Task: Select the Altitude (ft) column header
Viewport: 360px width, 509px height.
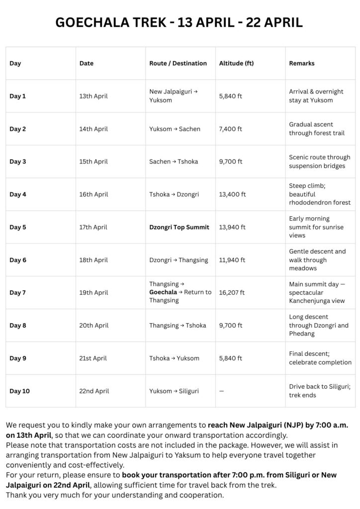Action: point(236,63)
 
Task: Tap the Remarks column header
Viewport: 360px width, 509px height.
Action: point(302,63)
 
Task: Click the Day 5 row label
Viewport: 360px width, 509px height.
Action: point(17,227)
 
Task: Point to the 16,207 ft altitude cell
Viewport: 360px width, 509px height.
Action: point(232,293)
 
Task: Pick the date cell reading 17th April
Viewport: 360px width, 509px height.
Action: point(93,227)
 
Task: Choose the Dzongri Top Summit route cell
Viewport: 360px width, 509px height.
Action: point(179,227)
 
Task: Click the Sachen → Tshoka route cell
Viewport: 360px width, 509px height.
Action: point(175,162)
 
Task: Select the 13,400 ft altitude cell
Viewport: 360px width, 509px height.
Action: point(232,194)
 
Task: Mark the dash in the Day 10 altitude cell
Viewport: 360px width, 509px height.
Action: point(221,391)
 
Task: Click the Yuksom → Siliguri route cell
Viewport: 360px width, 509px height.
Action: point(174,391)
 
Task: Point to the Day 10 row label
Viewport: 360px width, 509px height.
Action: point(19,391)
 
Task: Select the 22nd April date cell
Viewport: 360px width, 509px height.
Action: point(94,391)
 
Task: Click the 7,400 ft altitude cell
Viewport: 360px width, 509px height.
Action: point(230,129)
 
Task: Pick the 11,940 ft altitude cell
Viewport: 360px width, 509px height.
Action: point(232,260)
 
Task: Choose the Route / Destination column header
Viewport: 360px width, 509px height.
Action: point(178,63)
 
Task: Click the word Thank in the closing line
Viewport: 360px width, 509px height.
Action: point(16,495)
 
